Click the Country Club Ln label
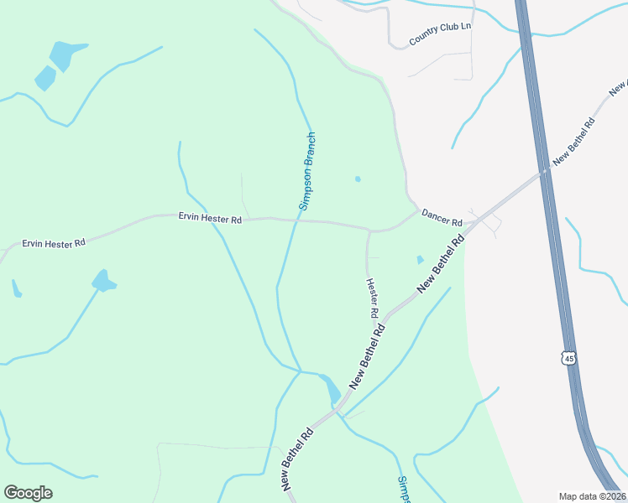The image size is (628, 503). click(x=441, y=34)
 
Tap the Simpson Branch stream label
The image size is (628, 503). click(x=307, y=170)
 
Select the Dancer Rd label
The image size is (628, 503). click(x=442, y=218)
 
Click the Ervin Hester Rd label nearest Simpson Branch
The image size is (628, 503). click(x=210, y=219)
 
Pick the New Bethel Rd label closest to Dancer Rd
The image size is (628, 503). click(x=441, y=265)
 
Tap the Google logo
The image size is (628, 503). click(x=28, y=493)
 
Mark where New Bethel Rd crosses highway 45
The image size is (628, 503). click(x=545, y=171)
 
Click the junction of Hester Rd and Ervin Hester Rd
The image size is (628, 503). click(x=369, y=230)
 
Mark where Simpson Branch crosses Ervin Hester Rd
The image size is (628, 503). click(x=296, y=220)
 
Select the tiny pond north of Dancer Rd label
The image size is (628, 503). click(x=358, y=179)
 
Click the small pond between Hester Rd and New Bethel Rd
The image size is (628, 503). click(x=420, y=260)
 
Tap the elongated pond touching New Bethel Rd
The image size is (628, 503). click(x=330, y=387)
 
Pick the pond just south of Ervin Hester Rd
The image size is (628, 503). click(x=103, y=281)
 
